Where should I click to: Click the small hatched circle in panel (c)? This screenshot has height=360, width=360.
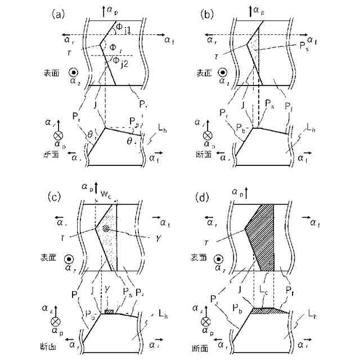pos(106,229)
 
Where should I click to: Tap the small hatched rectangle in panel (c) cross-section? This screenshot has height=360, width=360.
pos(109,311)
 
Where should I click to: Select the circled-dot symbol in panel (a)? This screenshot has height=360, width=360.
pos(73,73)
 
